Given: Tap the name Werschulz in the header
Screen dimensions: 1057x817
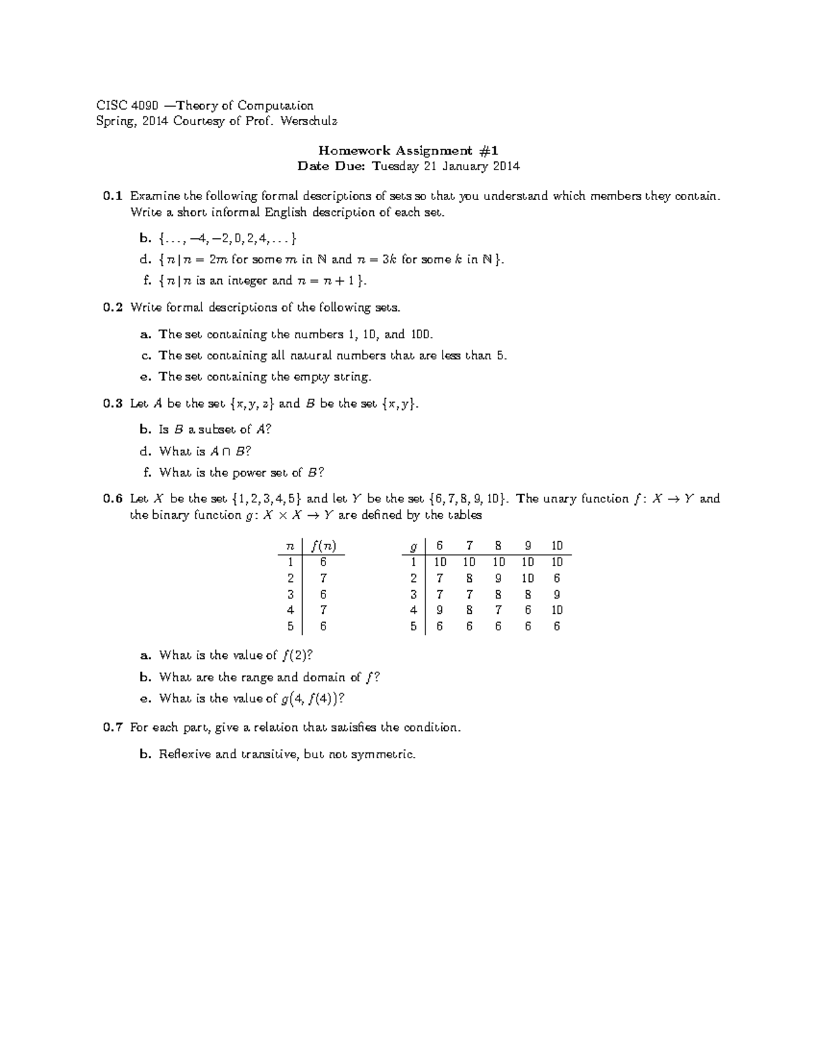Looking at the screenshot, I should (x=309, y=122).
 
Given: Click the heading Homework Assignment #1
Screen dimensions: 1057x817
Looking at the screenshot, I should (x=408, y=150).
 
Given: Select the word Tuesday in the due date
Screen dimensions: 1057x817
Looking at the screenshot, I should (x=395, y=166).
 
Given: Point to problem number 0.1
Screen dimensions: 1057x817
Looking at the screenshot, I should (x=112, y=197).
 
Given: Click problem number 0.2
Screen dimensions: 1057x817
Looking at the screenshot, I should (x=112, y=308).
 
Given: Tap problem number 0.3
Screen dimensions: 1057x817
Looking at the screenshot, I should (x=112, y=404).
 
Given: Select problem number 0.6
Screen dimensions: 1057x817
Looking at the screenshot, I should (x=112, y=499).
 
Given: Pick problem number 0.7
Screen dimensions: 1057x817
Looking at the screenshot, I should (x=112, y=728).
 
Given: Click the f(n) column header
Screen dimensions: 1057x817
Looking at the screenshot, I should (x=323, y=546).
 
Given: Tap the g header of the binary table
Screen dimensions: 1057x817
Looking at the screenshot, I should (x=412, y=546).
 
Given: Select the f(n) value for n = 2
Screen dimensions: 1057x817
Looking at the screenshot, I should (x=323, y=579).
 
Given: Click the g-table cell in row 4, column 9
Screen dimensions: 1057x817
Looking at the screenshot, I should (x=528, y=611).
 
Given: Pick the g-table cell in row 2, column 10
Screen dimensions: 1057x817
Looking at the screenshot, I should (x=556, y=579).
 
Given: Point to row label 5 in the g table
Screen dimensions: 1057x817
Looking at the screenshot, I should (x=413, y=626).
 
